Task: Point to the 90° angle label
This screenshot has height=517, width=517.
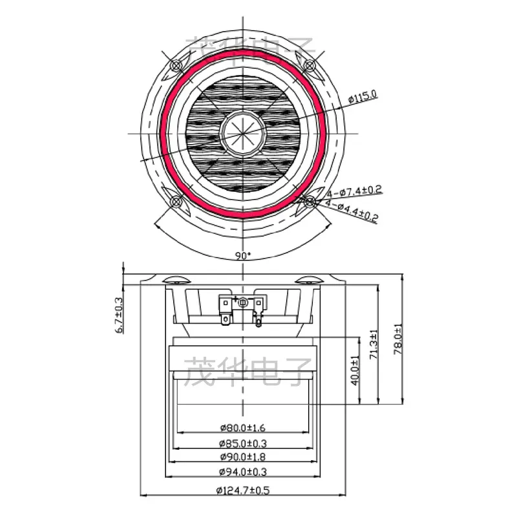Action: [x=243, y=255]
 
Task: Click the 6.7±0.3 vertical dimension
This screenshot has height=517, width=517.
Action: [x=119, y=315]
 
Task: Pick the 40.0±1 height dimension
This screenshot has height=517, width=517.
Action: [x=355, y=370]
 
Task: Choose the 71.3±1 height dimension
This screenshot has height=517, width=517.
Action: [x=374, y=344]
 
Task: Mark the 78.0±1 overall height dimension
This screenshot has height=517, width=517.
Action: [x=398, y=339]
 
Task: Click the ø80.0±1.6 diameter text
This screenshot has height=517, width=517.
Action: [x=243, y=428]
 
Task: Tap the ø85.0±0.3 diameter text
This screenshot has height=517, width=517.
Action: [x=243, y=443]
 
